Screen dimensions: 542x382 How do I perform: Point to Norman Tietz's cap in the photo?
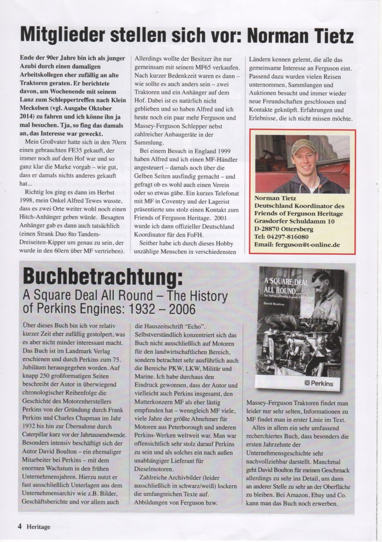pyautogui.click(x=304, y=147)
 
